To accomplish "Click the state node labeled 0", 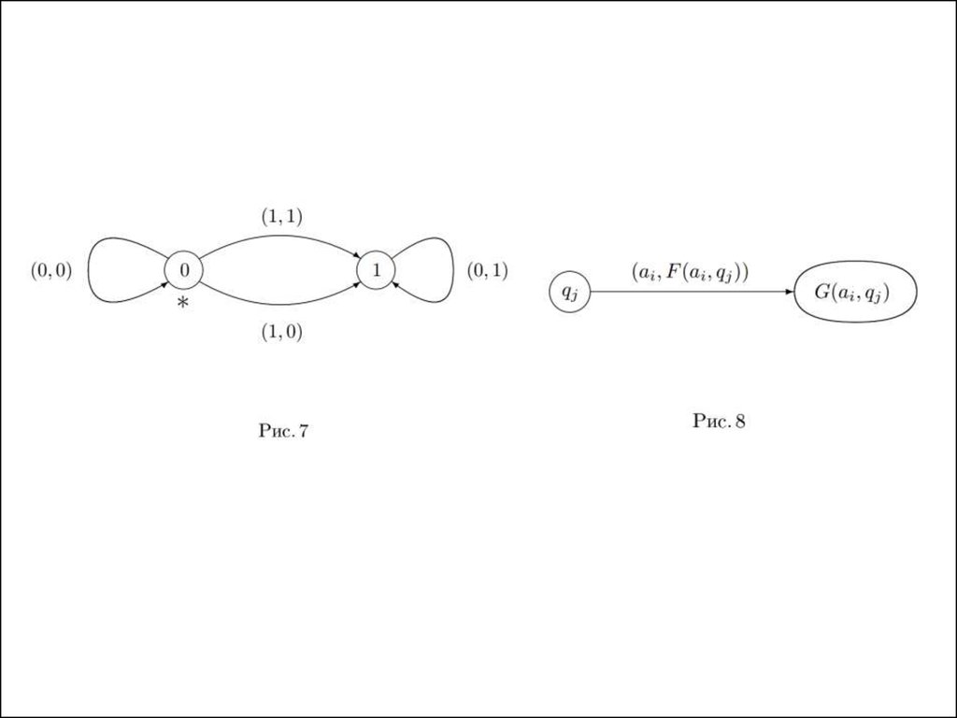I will [184, 270].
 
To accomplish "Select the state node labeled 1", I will [376, 270].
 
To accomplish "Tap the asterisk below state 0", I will [183, 303].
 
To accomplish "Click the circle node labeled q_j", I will [570, 292].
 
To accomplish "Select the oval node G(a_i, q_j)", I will [855, 292].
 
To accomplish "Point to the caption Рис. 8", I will [719, 421].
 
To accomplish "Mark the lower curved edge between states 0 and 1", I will [280, 304].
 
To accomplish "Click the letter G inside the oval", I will [822, 292].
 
